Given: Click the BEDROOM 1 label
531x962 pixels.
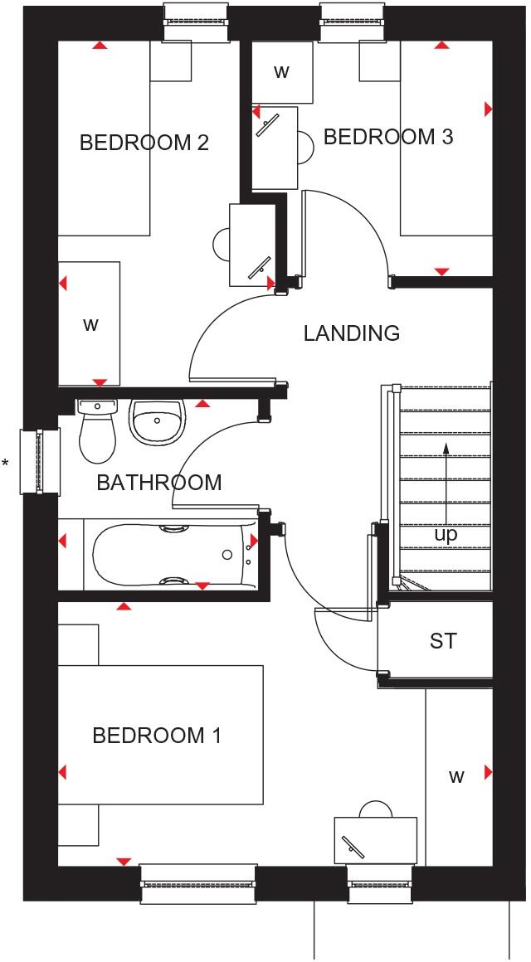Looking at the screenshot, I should pos(157,736).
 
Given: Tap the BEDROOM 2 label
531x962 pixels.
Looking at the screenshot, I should pos(144,143).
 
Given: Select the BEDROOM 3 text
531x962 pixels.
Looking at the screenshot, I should pos(388,137).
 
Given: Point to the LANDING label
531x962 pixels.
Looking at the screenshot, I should pos(351,333).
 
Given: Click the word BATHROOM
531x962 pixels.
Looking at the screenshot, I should pos(159,483).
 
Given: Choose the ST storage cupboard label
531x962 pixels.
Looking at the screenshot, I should pos(443,640).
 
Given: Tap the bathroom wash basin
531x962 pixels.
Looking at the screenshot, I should pos(155,420).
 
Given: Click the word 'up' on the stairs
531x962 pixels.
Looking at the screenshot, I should pos(446,535).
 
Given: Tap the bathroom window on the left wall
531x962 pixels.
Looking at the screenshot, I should pos(39,461).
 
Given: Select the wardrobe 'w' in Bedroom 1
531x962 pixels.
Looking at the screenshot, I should pos(455,777).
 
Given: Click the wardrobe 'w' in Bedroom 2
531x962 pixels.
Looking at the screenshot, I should pos(90,324).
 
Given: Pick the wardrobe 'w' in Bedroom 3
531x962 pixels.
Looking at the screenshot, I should pos(281,71).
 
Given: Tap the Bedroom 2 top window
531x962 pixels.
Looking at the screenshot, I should pos(197,21).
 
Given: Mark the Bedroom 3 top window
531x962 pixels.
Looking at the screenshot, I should pos(353,21).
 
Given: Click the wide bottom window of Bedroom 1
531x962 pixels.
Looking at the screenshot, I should pos(197,884).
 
